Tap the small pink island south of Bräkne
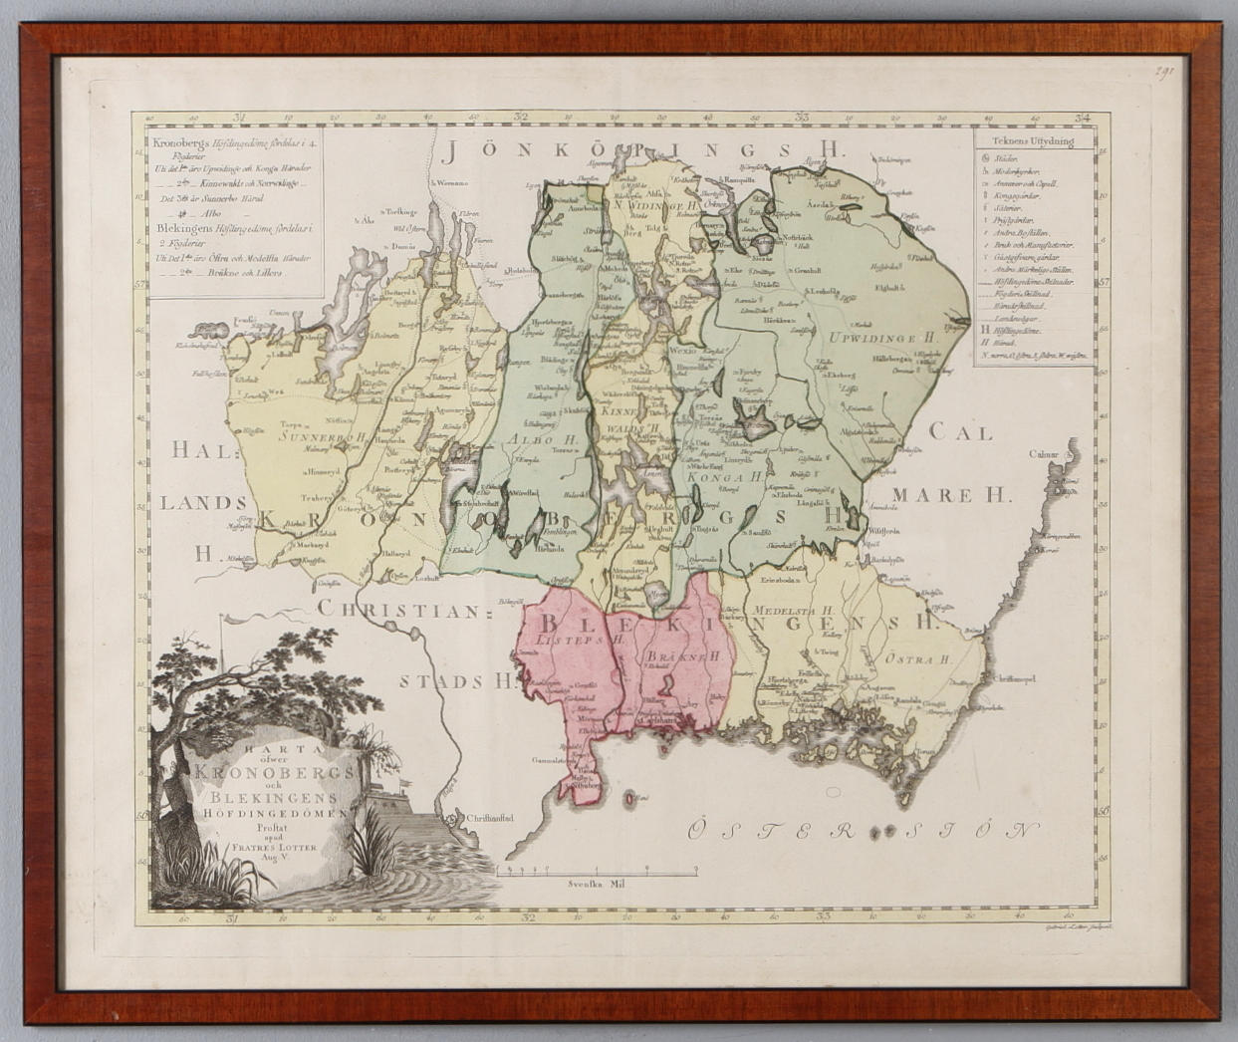pos(629,797)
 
